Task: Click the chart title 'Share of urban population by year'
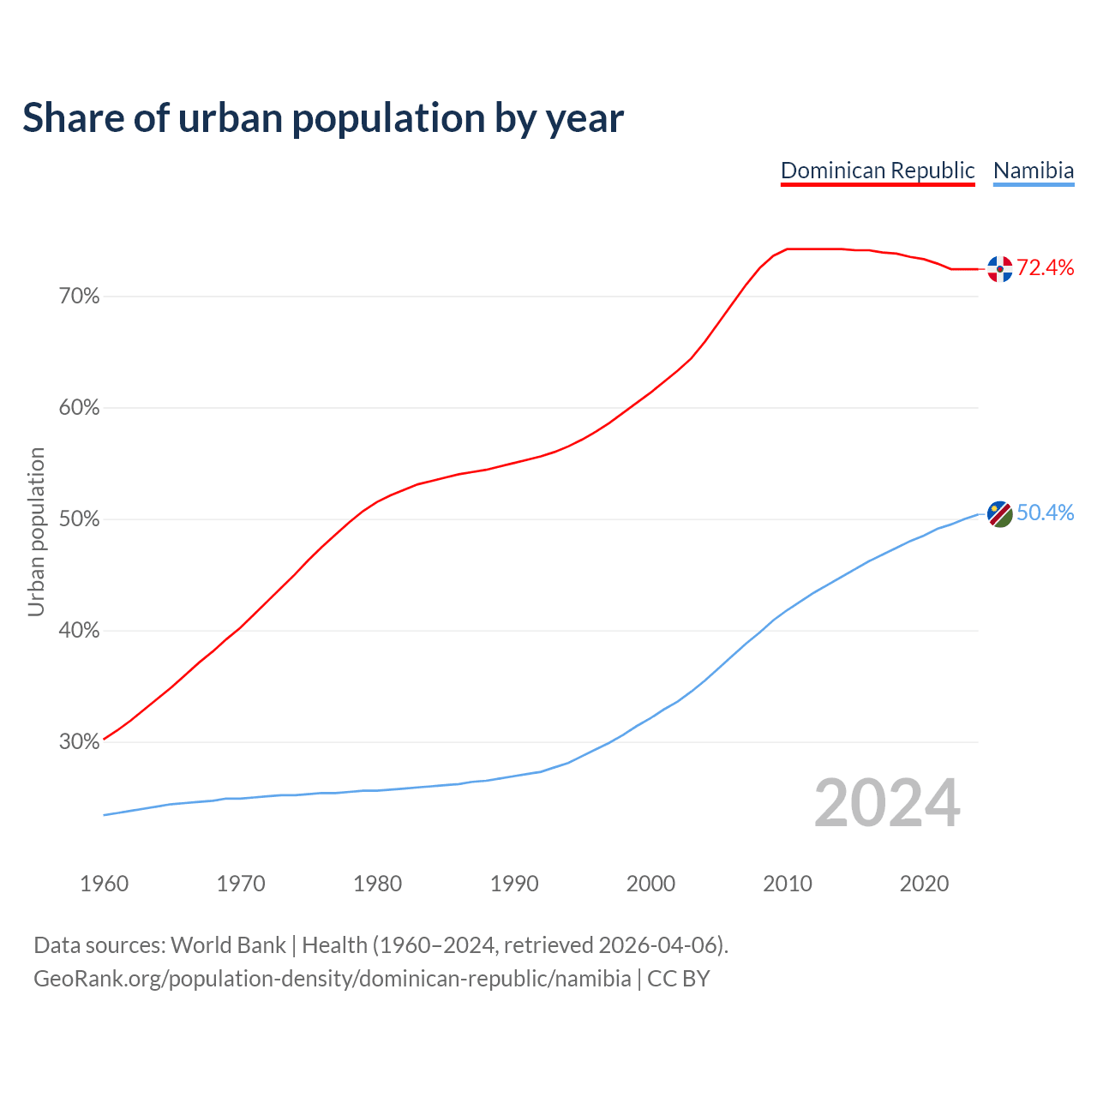(x=323, y=118)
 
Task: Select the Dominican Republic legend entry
(x=878, y=171)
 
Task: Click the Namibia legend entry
(x=1033, y=171)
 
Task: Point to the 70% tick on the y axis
(x=80, y=297)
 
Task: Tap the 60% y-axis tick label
(x=80, y=408)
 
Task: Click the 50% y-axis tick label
(x=80, y=519)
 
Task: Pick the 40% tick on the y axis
(x=80, y=631)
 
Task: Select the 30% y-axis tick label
(x=80, y=742)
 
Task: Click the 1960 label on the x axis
(x=105, y=884)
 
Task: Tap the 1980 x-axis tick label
(x=378, y=884)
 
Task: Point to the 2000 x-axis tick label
(x=651, y=884)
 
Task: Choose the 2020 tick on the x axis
(x=924, y=884)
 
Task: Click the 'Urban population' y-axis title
(x=36, y=531)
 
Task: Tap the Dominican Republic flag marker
(x=999, y=269)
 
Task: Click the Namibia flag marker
(x=999, y=514)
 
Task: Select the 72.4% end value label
(x=1045, y=268)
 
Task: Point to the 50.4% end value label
(x=1045, y=513)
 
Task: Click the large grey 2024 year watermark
(x=887, y=804)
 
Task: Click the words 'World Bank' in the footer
(x=228, y=945)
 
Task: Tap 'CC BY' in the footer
(x=678, y=979)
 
